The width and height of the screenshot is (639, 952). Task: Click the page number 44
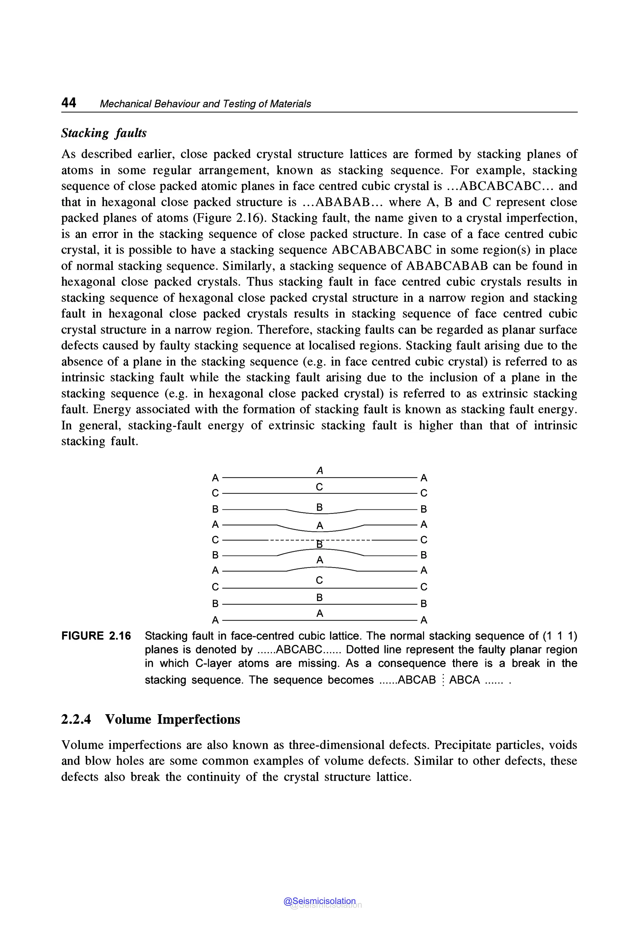click(x=68, y=103)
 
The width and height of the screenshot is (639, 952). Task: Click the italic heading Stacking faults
click(x=104, y=133)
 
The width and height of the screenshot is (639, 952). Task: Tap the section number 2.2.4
click(x=76, y=719)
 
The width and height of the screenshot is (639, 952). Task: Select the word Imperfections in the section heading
click(x=198, y=719)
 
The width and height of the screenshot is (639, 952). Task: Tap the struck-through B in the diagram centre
click(x=320, y=544)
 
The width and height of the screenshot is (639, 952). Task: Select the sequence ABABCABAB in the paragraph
click(x=447, y=266)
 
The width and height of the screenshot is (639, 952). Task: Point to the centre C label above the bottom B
click(x=319, y=580)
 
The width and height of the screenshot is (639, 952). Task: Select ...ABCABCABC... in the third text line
click(x=500, y=186)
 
